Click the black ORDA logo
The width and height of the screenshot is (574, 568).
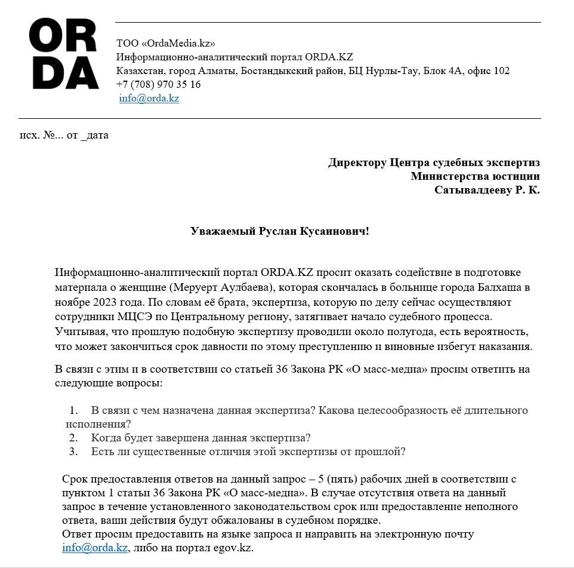point(64,54)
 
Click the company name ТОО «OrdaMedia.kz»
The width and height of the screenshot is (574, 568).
point(165,43)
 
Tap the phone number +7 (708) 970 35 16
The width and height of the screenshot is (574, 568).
point(158,84)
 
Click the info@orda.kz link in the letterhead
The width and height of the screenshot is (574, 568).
point(149,99)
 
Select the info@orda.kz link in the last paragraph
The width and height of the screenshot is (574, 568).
point(95,548)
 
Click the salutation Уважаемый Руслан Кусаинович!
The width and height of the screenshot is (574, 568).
point(279,231)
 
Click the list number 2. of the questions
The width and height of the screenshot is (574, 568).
point(73,437)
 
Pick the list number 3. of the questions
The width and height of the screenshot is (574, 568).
point(73,452)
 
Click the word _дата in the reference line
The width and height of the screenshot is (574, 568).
point(94,135)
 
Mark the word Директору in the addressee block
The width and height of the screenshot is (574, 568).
point(357,162)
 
